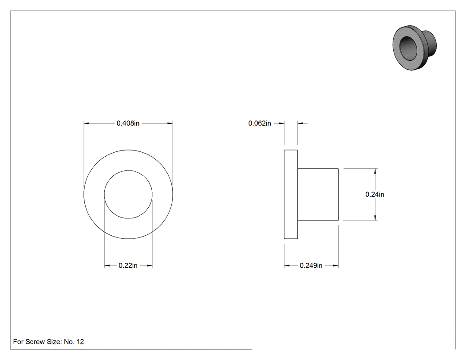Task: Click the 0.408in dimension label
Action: (x=128, y=123)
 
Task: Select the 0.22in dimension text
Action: (x=128, y=265)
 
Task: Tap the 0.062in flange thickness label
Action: (x=260, y=123)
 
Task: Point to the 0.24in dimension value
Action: (x=375, y=194)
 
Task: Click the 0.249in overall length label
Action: (x=311, y=265)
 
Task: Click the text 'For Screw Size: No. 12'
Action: (x=48, y=342)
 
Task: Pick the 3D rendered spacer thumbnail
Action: (x=414, y=48)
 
